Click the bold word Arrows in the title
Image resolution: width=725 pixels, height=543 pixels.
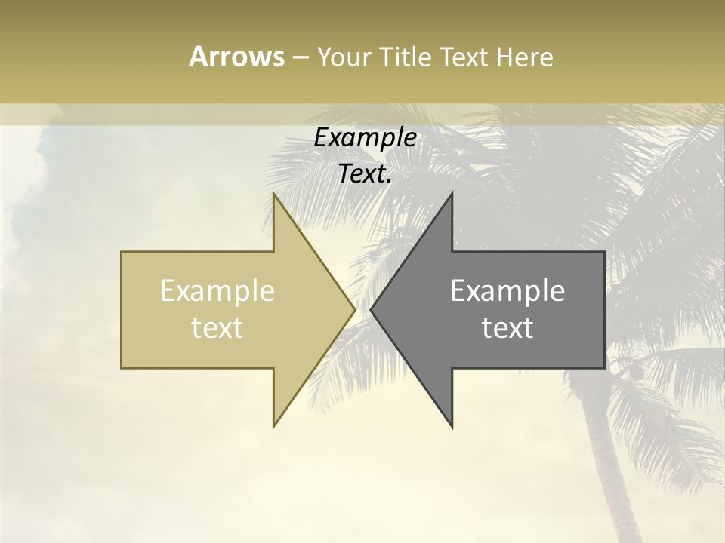click(236, 57)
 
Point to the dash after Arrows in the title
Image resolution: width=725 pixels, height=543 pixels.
click(300, 57)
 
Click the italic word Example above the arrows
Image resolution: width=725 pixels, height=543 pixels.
click(365, 138)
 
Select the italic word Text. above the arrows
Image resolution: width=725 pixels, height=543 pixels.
click(365, 174)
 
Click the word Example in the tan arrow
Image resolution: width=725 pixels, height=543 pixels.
click(217, 291)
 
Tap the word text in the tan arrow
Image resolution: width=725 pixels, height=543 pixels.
click(217, 328)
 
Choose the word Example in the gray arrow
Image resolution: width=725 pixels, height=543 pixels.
click(507, 291)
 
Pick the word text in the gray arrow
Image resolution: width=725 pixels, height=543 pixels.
click(507, 328)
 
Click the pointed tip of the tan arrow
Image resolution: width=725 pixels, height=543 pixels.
click(354, 309)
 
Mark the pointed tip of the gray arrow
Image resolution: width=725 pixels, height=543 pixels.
click(371, 309)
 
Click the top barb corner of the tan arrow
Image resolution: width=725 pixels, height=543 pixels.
click(274, 193)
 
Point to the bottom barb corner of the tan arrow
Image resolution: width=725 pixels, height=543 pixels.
click(274, 426)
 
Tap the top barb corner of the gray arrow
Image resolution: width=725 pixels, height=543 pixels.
click(452, 193)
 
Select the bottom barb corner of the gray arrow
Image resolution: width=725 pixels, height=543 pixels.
click(452, 426)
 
